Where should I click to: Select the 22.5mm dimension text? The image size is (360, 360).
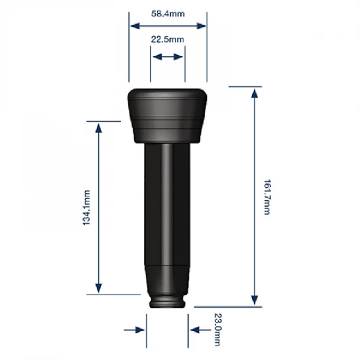tap(168, 40)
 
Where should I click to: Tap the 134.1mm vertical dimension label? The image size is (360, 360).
tap(86, 207)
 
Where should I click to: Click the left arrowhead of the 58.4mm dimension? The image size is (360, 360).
tap(134, 26)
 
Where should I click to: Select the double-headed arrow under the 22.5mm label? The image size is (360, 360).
tap(168, 58)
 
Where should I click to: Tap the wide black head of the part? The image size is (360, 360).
tap(168, 115)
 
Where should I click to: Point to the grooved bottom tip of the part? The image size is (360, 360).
tap(168, 302)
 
